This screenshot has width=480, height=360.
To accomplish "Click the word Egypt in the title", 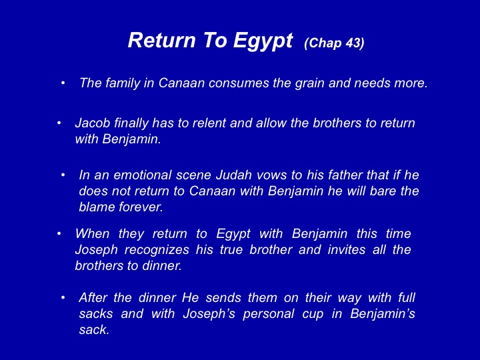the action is (x=263, y=41).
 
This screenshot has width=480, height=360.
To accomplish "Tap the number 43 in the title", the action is (x=353, y=43).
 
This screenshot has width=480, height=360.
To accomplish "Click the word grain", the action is (x=309, y=83).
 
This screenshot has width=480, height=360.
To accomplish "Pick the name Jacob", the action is (x=93, y=123).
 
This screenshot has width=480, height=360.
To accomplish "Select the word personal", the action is (x=269, y=315).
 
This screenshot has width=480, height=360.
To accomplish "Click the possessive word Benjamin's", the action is (x=383, y=313).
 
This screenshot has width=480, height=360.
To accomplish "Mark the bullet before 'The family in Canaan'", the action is (x=63, y=83).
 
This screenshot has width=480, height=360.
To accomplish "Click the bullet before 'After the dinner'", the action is (x=63, y=297).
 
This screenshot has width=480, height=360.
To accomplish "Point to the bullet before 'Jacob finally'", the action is (x=59, y=123).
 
